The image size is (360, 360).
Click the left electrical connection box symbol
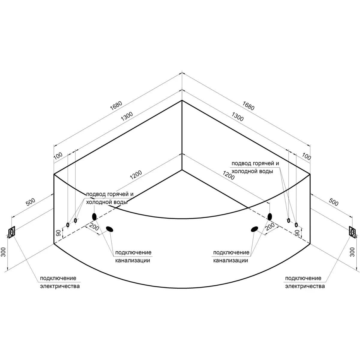click(x=12, y=232)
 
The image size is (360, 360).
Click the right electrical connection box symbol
click(x=352, y=232)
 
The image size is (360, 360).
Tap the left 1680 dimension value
click(x=116, y=106)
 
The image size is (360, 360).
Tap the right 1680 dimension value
click(x=248, y=106)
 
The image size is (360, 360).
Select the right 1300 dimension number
click(x=237, y=117)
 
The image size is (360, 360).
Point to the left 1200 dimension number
click(x=136, y=175)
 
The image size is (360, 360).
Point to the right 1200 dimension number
click(x=228, y=175)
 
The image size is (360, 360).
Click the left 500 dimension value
click(x=30, y=202)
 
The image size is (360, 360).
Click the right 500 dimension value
click(x=334, y=202)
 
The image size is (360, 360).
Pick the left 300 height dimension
click(x=4, y=252)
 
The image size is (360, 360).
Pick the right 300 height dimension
click(x=352, y=252)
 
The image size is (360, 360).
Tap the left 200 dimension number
click(x=94, y=227)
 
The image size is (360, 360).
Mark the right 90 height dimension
click(x=297, y=233)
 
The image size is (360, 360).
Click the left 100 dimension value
click(x=58, y=156)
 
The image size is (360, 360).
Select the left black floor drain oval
click(x=109, y=229)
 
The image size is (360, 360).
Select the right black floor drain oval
click(x=254, y=229)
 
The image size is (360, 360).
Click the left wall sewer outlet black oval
click(x=94, y=217)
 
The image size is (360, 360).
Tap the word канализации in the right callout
click(x=230, y=260)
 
